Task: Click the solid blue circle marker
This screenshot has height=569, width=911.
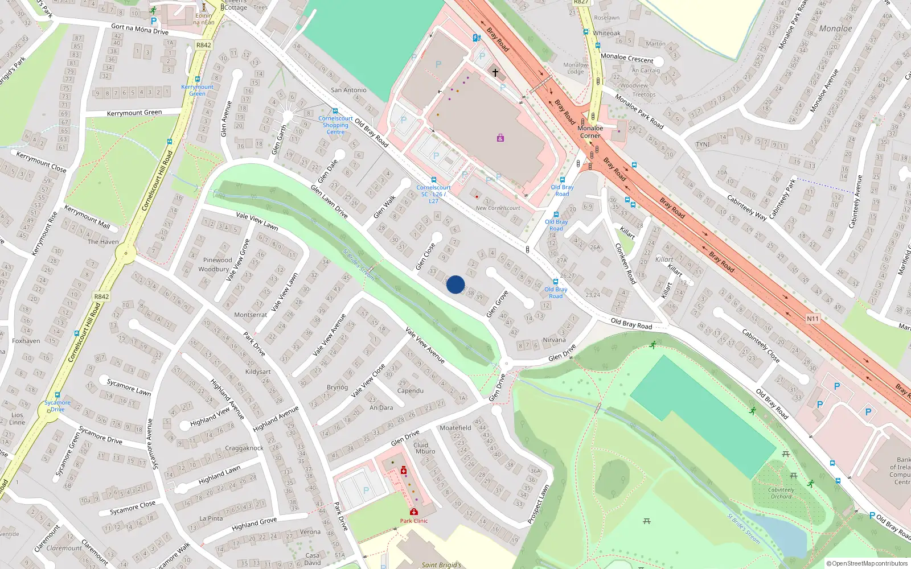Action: tap(455, 284)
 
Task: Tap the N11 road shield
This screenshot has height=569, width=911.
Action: tap(812, 319)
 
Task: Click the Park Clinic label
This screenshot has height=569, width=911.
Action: tap(414, 521)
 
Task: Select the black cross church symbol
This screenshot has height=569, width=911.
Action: tap(495, 73)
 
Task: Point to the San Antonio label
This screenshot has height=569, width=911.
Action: tap(348, 90)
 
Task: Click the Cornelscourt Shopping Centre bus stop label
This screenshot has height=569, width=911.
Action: tap(335, 125)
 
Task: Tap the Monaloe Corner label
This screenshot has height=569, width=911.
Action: tap(590, 132)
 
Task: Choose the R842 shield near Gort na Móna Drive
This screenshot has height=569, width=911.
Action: tap(203, 45)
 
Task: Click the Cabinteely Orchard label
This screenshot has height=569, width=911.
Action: tap(781, 493)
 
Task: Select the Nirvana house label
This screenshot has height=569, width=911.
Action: tap(554, 340)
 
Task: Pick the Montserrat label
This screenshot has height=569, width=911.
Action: tap(251, 315)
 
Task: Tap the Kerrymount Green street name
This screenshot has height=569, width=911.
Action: tap(134, 113)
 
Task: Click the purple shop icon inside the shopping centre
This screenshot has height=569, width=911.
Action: tap(500, 138)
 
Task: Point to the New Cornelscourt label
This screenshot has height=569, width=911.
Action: tap(498, 208)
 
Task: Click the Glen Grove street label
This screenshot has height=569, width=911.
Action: tap(496, 304)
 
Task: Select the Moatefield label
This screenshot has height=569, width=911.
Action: tap(455, 428)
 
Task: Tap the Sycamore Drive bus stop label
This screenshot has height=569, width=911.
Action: tap(58, 406)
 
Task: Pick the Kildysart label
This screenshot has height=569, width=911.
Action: tap(258, 372)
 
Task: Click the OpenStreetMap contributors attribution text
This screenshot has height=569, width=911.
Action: tap(867, 563)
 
